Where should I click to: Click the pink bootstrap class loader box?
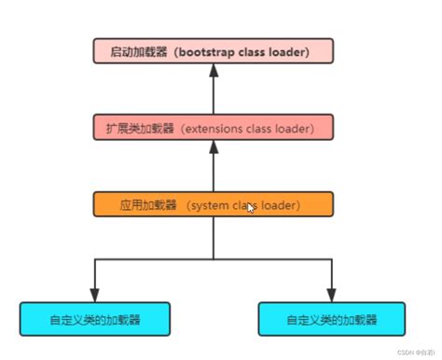[x=213, y=50]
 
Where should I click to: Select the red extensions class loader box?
[x=213, y=127]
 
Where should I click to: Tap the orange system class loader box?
[x=213, y=204]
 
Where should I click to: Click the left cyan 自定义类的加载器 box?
[x=94, y=319]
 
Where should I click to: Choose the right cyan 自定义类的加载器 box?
[x=331, y=319]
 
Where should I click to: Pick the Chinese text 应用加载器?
[x=145, y=204]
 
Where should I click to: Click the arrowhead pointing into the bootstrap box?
[x=213, y=71]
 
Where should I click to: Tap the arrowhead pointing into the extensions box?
[x=213, y=147]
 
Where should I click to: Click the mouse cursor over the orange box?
[x=250, y=209]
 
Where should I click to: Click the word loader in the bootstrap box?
[x=290, y=51]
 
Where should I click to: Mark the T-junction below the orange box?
[x=213, y=258]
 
